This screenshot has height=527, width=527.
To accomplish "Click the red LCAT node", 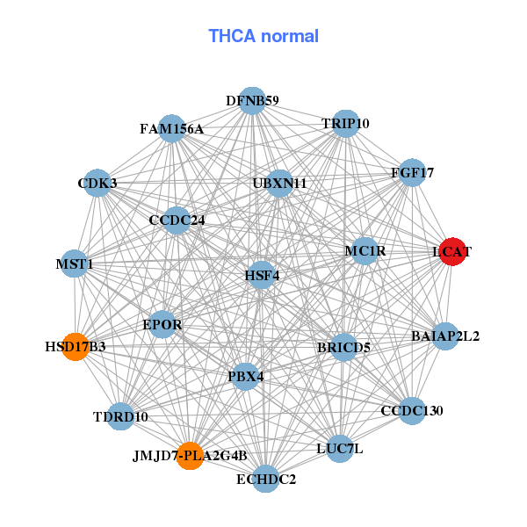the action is (452, 252).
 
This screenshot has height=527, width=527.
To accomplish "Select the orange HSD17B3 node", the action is (76, 347).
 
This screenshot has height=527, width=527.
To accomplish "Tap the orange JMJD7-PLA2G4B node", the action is (191, 456).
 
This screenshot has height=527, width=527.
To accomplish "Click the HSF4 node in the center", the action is (262, 275).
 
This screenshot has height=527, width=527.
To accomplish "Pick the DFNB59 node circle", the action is (252, 101).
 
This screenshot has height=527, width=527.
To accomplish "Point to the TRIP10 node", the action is (345, 124).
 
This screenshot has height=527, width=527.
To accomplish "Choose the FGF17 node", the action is (412, 173).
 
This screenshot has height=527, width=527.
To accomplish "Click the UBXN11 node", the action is (279, 184).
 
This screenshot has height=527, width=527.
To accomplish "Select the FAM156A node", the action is (172, 129).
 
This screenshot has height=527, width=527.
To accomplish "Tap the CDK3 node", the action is (97, 184).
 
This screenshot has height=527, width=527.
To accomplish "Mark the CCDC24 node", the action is (177, 220).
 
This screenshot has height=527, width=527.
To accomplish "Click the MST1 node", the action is (75, 263).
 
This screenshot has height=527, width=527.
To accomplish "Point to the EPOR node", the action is (162, 325).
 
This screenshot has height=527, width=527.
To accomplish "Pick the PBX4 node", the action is (246, 377).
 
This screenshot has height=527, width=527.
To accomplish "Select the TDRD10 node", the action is (120, 416).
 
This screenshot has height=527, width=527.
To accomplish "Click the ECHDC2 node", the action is (266, 479).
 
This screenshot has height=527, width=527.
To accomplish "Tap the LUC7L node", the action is (340, 449).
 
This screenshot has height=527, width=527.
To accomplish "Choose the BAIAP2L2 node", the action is (445, 336).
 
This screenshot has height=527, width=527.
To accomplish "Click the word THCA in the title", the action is (232, 36).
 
